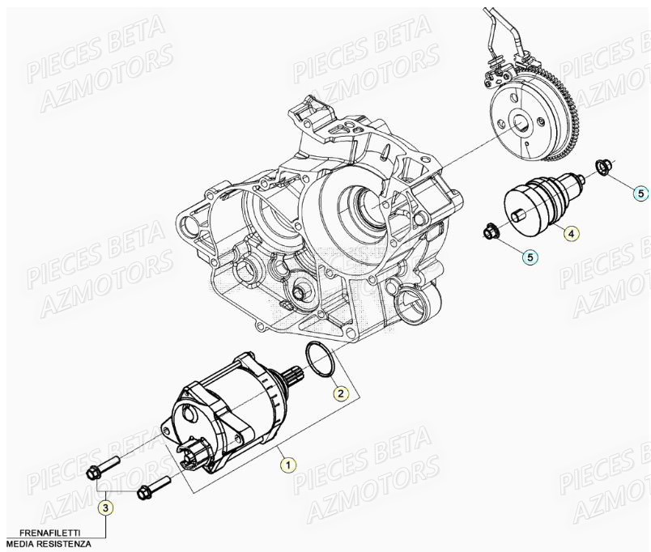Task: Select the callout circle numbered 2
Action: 342,393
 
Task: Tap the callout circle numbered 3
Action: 106,507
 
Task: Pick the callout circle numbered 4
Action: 571,234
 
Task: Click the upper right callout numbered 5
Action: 640,193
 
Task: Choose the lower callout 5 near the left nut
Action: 530,257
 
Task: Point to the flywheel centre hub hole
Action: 519,123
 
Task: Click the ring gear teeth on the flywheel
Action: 574,121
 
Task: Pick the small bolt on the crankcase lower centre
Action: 303,292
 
